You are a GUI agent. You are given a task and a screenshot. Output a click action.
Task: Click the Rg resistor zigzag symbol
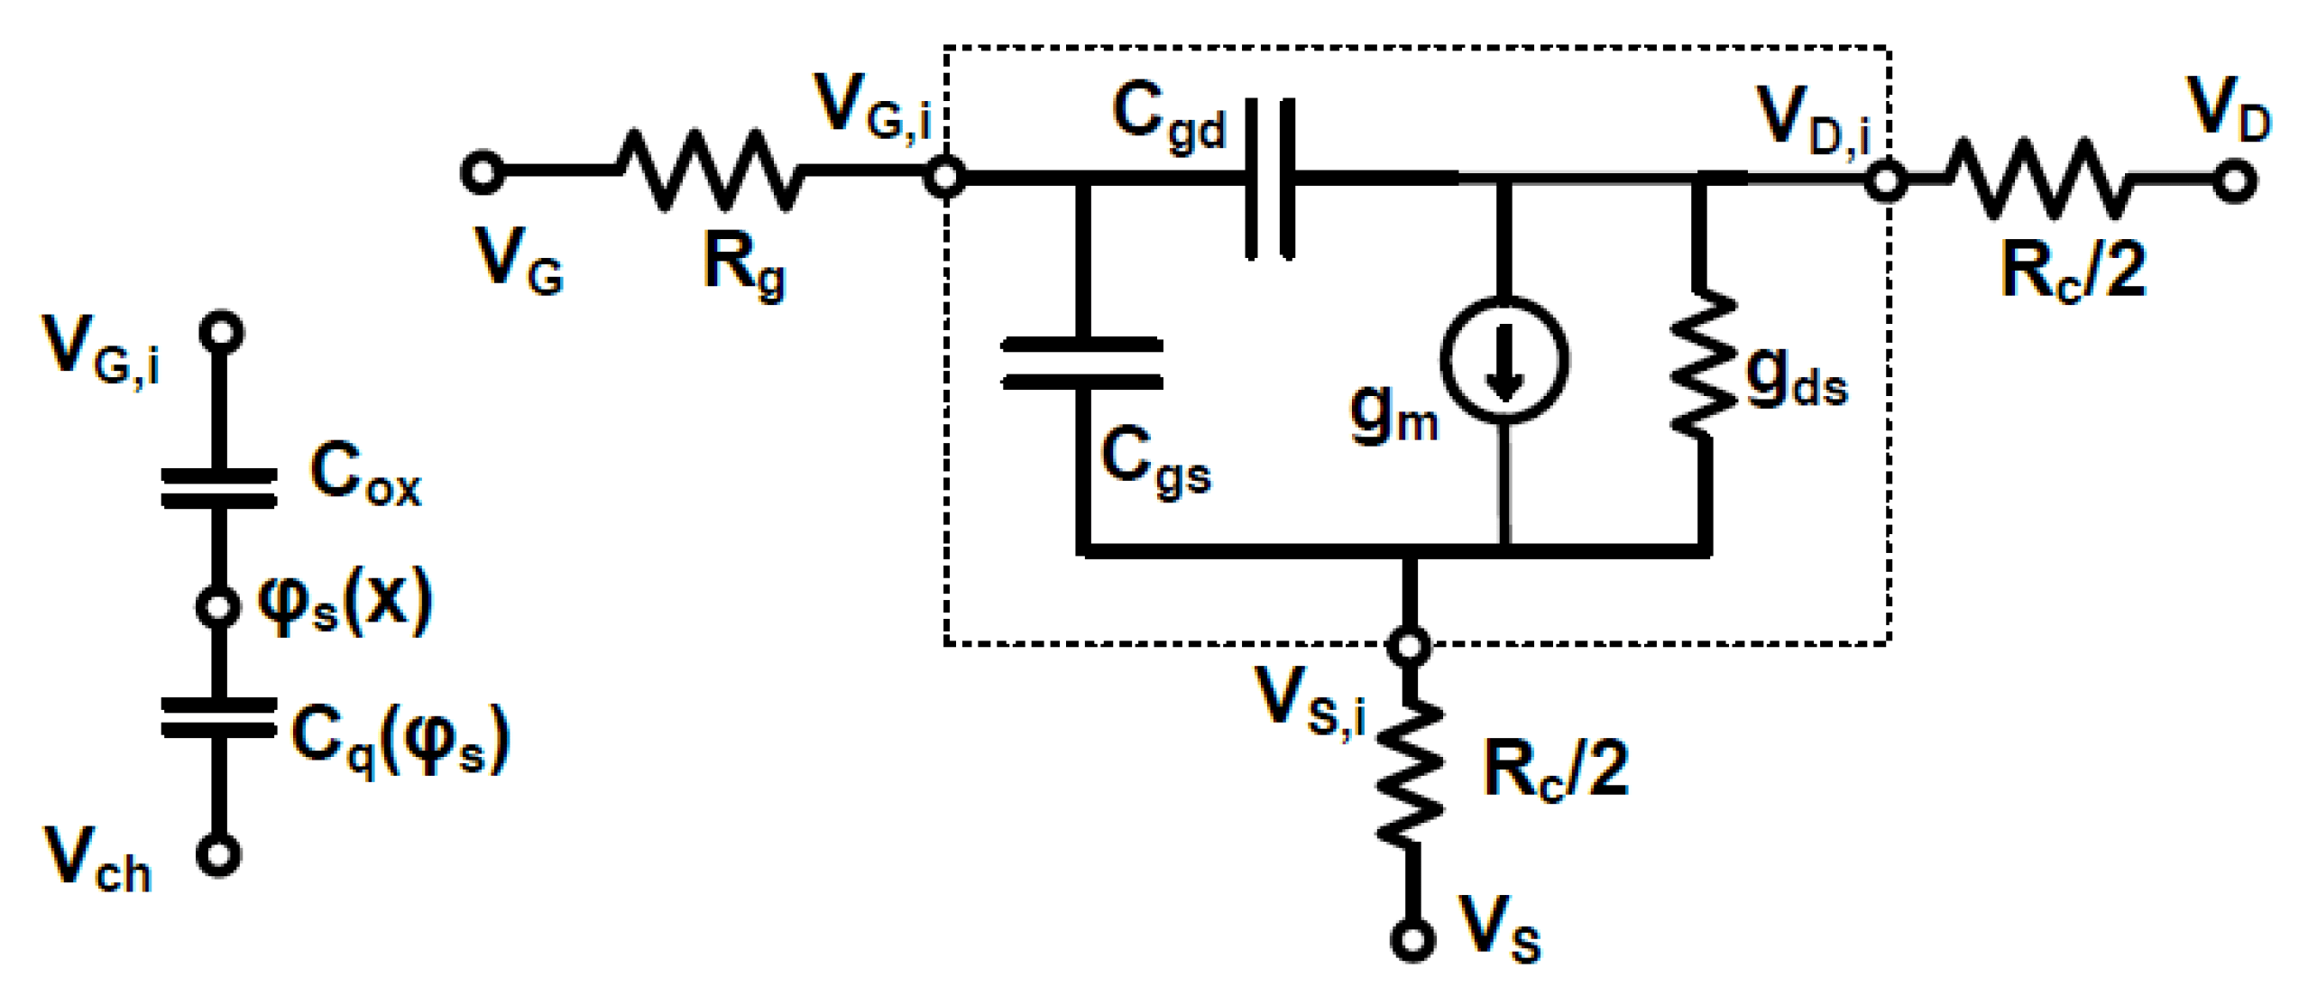click(709, 171)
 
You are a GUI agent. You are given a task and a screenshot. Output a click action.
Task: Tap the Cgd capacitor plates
click(1270, 180)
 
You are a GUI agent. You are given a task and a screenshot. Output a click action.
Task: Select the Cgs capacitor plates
click(1082, 364)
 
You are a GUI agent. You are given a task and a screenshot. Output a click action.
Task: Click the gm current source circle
click(1504, 359)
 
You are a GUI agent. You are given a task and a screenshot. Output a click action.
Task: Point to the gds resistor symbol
click(1702, 361)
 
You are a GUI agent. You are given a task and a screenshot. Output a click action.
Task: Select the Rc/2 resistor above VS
click(1411, 773)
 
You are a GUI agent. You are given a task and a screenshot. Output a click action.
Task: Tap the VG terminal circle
click(483, 171)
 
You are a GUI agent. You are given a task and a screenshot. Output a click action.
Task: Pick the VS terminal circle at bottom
click(1412, 939)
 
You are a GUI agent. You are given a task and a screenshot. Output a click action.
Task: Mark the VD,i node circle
click(1885, 180)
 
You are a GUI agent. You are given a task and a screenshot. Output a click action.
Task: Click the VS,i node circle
click(1410, 646)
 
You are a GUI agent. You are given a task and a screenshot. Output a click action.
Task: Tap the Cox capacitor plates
click(218, 488)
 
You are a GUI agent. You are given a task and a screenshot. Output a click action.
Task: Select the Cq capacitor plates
click(218, 718)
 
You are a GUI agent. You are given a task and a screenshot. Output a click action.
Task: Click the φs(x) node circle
click(217, 607)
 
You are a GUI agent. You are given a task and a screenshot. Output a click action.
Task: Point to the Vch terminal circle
click(217, 854)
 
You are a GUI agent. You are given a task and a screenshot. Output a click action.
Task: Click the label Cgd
click(1167, 117)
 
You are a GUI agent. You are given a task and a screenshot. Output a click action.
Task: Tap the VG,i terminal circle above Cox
click(221, 333)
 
